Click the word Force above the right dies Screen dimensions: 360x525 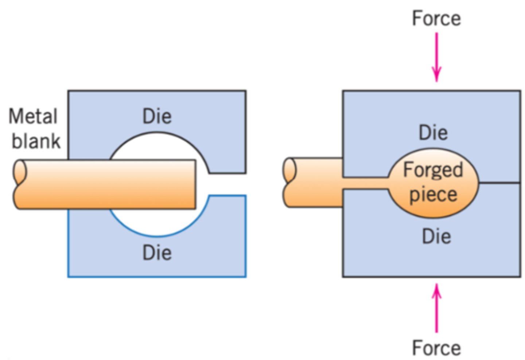436,19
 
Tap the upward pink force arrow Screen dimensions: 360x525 436,308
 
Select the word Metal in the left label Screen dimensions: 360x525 33,117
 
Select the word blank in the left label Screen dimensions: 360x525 36,141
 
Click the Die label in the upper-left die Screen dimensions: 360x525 157,117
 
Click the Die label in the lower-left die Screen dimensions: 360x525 157,252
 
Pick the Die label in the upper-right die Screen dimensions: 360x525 433,132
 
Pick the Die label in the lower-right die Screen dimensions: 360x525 436,236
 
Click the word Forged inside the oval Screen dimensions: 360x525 433,170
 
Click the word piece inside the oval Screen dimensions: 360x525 433,194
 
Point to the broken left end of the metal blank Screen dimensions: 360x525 20,184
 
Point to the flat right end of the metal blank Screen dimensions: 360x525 195,184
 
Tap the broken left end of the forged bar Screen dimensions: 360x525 290,182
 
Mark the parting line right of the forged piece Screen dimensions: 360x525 499,183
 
